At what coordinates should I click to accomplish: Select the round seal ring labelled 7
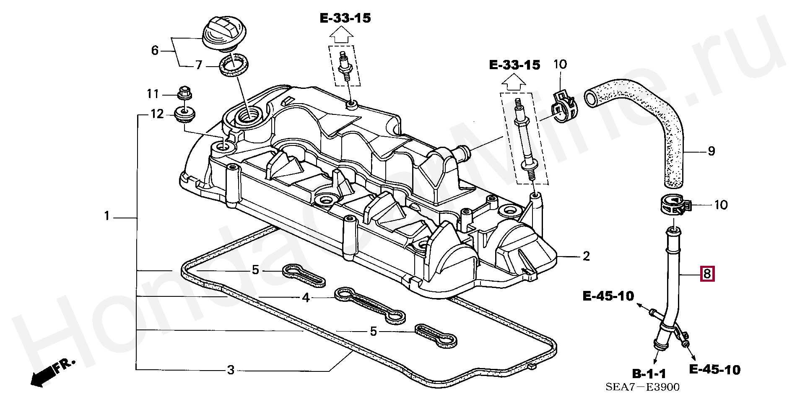click(234, 65)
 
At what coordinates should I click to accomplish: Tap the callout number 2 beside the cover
click(586, 256)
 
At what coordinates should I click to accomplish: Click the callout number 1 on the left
click(107, 216)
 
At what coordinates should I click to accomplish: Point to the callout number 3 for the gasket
click(231, 370)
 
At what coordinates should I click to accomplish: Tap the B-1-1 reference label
click(649, 373)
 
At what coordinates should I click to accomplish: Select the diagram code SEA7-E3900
click(642, 387)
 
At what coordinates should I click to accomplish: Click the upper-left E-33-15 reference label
click(345, 18)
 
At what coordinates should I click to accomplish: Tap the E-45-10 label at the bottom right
click(715, 370)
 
